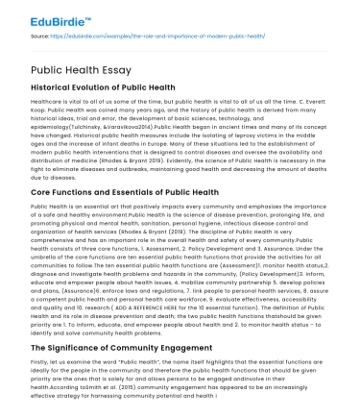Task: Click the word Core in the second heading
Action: coord(43,191)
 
